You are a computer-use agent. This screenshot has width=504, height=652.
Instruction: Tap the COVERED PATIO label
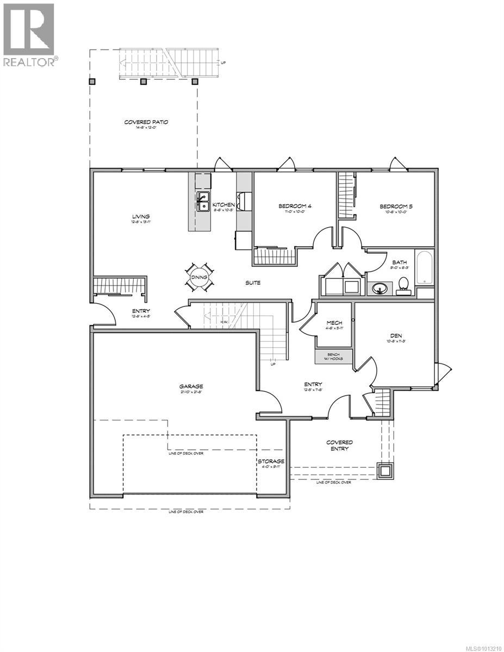(146, 122)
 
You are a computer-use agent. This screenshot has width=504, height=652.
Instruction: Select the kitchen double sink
(203, 202)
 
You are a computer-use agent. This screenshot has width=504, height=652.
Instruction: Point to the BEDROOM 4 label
(295, 206)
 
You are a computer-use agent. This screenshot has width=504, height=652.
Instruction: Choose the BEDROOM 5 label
(396, 206)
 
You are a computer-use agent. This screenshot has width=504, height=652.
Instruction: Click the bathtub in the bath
(424, 267)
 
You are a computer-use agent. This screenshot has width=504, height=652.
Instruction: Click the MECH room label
(334, 323)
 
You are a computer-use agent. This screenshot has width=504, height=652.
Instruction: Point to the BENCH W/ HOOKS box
(333, 356)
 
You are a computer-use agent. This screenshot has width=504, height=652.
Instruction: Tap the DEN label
(394, 336)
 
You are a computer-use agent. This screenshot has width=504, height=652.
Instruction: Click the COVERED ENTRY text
(339, 446)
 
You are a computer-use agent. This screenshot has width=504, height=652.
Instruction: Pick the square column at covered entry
(387, 471)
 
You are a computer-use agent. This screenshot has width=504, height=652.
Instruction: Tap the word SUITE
(252, 283)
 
